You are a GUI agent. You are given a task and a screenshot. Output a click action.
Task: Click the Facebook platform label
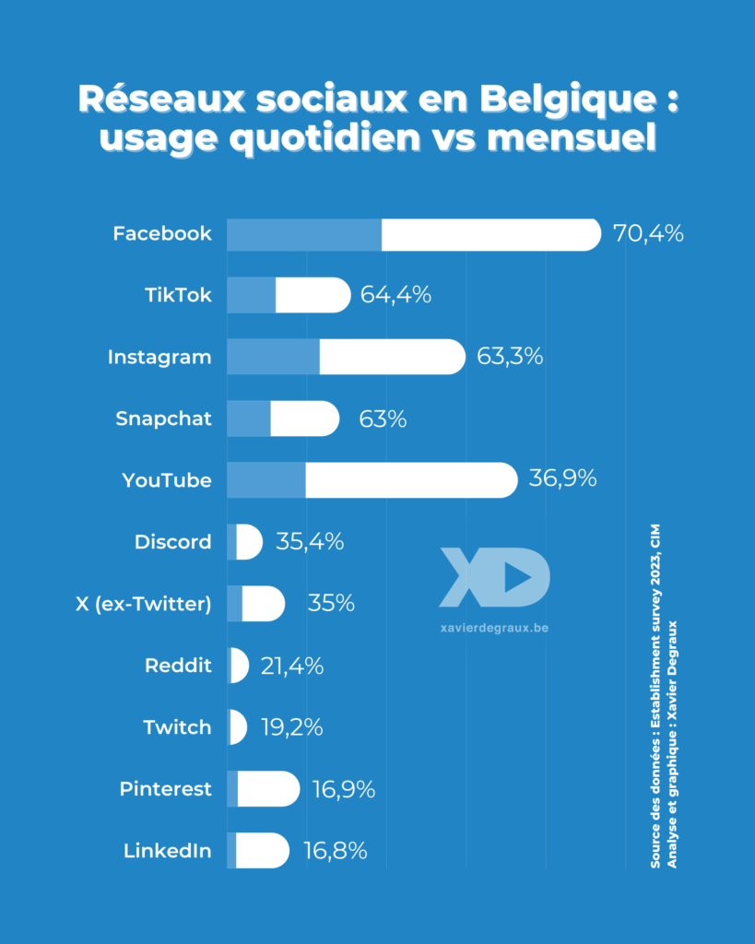pyautogui.click(x=162, y=234)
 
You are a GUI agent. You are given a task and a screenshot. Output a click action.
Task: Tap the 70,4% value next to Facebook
pyautogui.click(x=648, y=234)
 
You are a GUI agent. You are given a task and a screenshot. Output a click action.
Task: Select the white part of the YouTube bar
pyautogui.click(x=410, y=480)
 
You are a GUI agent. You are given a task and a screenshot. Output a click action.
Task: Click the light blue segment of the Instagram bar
pyautogui.click(x=273, y=357)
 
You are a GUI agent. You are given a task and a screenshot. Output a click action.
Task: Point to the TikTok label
pyautogui.click(x=178, y=296)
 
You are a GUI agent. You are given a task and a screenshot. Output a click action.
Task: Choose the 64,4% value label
pyautogui.click(x=396, y=296)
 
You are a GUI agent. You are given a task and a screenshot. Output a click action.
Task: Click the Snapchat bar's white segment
pyautogui.click(x=304, y=419)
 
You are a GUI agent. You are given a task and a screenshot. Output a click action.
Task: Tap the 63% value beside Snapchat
pyautogui.click(x=383, y=419)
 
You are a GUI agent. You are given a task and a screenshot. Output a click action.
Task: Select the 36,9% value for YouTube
pyautogui.click(x=562, y=480)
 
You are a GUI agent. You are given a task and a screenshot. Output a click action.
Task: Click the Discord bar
pyautogui.click(x=246, y=542)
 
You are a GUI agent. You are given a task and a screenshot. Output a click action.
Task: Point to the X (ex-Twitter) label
pyautogui.click(x=144, y=604)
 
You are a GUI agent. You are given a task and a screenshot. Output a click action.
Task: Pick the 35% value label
pyautogui.click(x=331, y=604)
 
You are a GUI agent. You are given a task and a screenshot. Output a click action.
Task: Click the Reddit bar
pyautogui.click(x=238, y=666)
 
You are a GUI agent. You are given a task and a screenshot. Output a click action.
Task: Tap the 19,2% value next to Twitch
pyautogui.click(x=291, y=727)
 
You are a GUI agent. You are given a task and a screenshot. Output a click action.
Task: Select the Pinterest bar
pyautogui.click(x=265, y=789)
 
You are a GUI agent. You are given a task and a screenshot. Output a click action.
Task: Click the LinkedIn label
pyautogui.click(x=168, y=851)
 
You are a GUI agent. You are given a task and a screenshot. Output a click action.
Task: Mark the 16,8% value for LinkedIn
pyautogui.click(x=336, y=851)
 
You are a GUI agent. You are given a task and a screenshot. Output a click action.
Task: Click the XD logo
pyautogui.click(x=494, y=577)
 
